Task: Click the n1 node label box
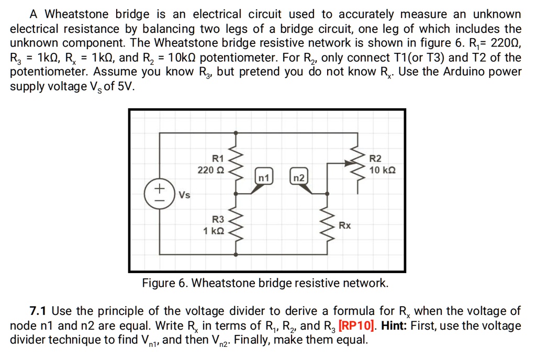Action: pyautogui.click(x=264, y=178)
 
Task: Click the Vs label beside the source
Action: pyautogui.click(x=184, y=195)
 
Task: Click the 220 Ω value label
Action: pyautogui.click(x=211, y=170)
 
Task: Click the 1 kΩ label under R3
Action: pyautogui.click(x=214, y=231)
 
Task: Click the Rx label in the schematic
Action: pyautogui.click(x=344, y=226)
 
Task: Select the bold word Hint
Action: pyautogui.click(x=394, y=325)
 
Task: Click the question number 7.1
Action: pyautogui.click(x=39, y=311)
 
